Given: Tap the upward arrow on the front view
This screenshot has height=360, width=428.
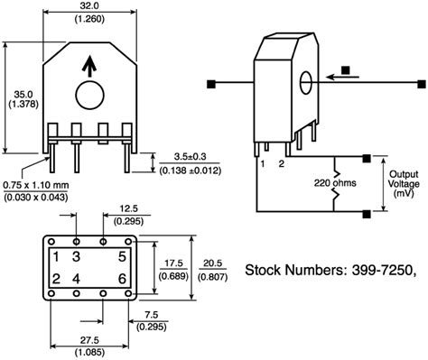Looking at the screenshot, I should coord(88,65).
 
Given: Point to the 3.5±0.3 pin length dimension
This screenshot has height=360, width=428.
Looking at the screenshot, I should coord(189,157).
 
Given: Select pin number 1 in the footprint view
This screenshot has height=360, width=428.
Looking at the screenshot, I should coord(56,256).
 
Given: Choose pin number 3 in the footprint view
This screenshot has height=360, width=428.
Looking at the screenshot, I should coord(77,256).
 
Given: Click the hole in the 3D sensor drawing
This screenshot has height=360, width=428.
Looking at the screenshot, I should coord(306,81).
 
